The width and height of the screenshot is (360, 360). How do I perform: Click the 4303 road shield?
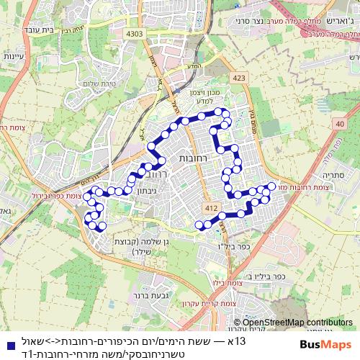pyautogui.click(x=134, y=33)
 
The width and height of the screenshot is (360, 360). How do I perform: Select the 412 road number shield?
pyautogui.click(x=210, y=208)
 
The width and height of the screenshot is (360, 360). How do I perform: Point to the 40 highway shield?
pyautogui.click(x=340, y=125)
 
